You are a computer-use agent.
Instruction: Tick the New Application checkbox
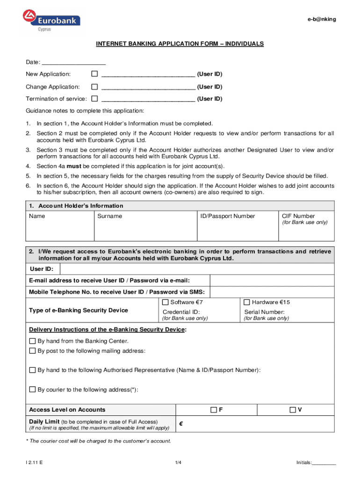click(x=94, y=74)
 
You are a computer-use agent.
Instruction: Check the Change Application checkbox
click(x=94, y=87)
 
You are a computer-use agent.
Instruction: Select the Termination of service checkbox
click(x=94, y=99)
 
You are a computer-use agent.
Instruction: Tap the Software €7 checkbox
click(x=166, y=302)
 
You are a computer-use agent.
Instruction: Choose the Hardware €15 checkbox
click(x=247, y=302)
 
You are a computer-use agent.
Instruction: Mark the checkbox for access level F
click(x=214, y=410)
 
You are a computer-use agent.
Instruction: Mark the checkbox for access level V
click(x=293, y=410)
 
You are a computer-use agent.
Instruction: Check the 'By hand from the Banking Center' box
click(x=33, y=341)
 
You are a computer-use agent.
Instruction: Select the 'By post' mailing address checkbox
click(x=33, y=350)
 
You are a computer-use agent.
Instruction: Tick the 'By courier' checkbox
click(x=33, y=389)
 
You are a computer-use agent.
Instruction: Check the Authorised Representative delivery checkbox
click(x=33, y=370)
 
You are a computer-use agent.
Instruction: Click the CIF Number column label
click(x=298, y=216)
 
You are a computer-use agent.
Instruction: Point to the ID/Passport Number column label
click(x=228, y=216)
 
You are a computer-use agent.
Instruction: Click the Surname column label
click(x=109, y=216)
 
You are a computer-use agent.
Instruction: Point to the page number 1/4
click(x=178, y=463)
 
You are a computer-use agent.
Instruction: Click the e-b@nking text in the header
click(x=321, y=19)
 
